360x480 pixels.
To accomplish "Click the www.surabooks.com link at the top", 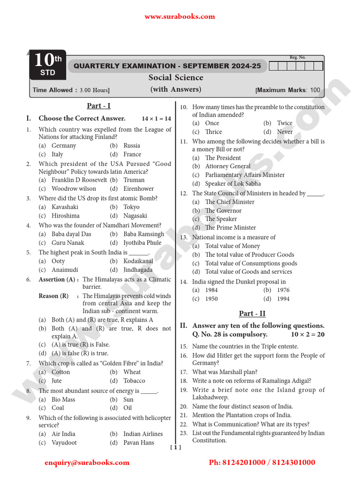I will pyautogui.click(x=180, y=16).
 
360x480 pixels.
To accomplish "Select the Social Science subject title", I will pyautogui.click(x=176, y=78).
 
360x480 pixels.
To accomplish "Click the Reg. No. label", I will pyautogui.click(x=297, y=57).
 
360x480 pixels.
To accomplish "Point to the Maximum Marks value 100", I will pyautogui.click(x=315, y=90).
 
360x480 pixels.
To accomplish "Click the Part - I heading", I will pyautogui.click(x=98, y=106).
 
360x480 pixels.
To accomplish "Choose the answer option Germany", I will pyautogui.click(x=64, y=146).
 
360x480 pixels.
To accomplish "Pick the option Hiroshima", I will pyautogui.click(x=66, y=216).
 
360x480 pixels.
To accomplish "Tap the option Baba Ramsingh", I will pyautogui.click(x=144, y=234).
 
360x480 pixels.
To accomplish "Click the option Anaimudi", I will pyautogui.click(x=65, y=270).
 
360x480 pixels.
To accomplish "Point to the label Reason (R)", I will pyautogui.click(x=53, y=296).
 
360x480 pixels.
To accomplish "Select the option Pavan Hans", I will pyautogui.click(x=138, y=442).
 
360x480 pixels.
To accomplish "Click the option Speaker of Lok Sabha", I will pyautogui.click(x=233, y=184).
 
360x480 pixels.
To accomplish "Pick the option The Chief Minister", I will pyautogui.click(x=230, y=202).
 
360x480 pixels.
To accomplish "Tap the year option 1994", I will pyautogui.click(x=283, y=299).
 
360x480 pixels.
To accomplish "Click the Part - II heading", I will pyautogui.click(x=252, y=314).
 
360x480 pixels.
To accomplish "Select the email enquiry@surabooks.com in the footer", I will pyautogui.click(x=87, y=463).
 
